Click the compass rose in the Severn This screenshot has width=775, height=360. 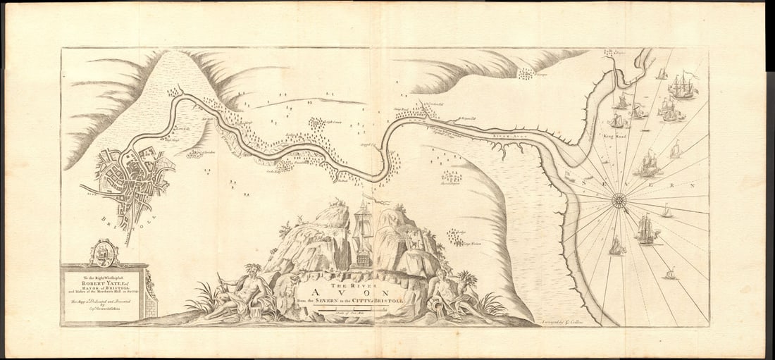pos(619,199)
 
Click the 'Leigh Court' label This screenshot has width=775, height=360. pos(326,121)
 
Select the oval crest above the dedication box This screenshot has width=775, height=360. pos(104,253)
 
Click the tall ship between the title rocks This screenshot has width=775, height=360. pos(363,236)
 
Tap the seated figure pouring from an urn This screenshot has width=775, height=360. pos(445,294)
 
